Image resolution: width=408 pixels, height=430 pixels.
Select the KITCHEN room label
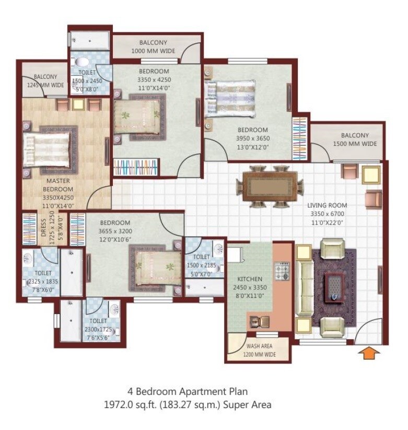click(x=249, y=279)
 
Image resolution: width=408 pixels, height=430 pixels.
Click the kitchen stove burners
click(x=283, y=271)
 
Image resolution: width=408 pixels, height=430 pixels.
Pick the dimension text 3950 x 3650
click(x=253, y=138)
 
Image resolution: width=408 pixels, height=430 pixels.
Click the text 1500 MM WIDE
click(x=355, y=144)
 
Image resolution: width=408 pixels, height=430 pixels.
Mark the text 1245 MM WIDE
click(x=45, y=85)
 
